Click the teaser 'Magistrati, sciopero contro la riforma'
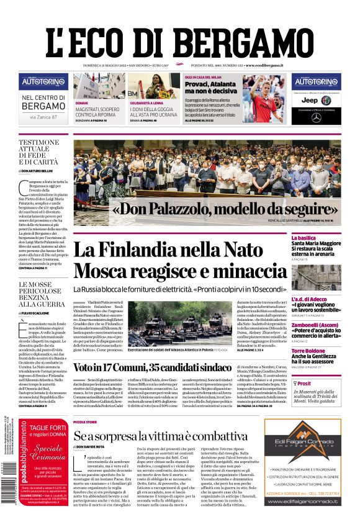click(x=97, y=112)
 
